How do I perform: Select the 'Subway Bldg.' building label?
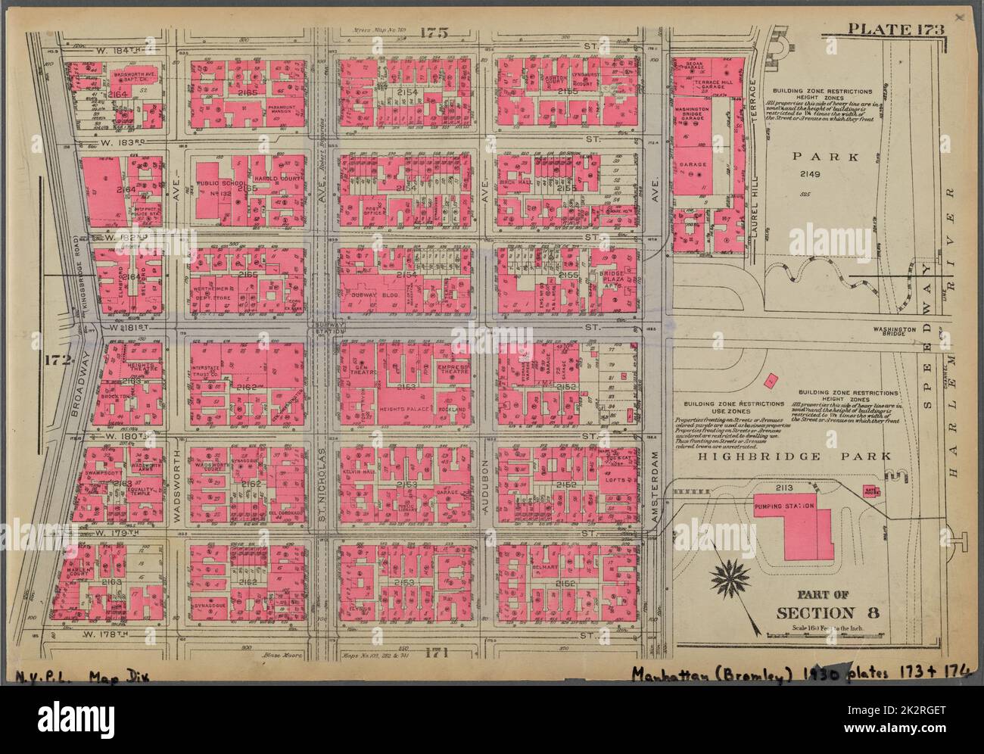(x=369, y=293)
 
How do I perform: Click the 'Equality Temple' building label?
(x=142, y=493)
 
